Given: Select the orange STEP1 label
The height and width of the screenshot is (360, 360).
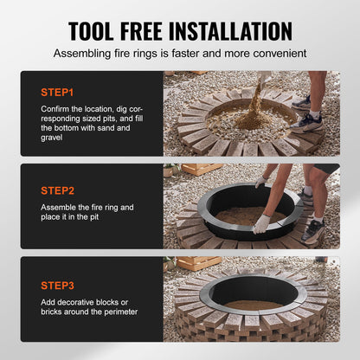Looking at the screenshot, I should click(x=57, y=91).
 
